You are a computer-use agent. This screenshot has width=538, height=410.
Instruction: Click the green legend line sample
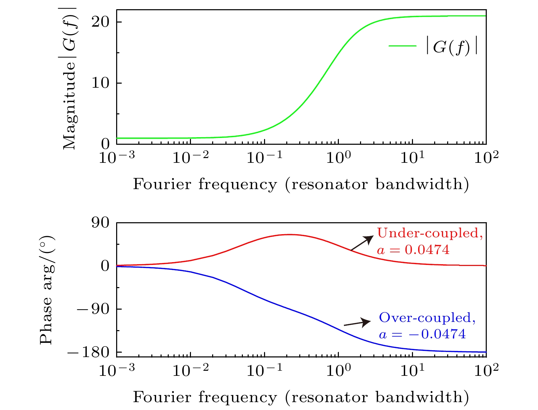point(402,46)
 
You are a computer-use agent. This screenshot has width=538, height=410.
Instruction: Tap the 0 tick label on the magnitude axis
point(105,144)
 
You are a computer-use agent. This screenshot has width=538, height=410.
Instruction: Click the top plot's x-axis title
point(301,184)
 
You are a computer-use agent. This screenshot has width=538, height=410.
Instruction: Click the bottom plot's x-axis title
point(301,397)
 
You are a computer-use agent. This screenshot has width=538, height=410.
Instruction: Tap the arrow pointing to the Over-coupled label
point(357,323)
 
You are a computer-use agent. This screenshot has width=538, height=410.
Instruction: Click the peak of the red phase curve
point(289,235)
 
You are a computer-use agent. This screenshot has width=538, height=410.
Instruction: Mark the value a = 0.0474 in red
point(413,250)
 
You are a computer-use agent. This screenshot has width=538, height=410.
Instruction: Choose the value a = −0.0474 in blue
point(422,334)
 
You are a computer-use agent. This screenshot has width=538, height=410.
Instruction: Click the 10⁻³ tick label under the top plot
point(117,158)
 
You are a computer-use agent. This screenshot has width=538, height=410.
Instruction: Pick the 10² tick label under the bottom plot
point(485,371)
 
